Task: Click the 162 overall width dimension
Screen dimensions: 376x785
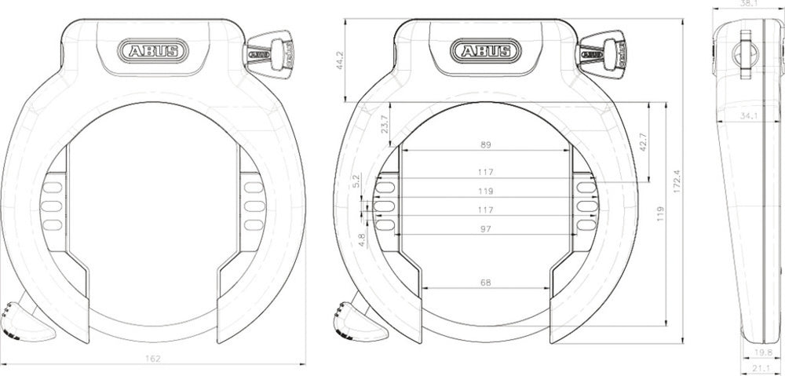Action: coord(153,358)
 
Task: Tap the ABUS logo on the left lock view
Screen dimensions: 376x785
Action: coord(153,52)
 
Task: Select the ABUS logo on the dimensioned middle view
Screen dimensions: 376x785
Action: coord(485,52)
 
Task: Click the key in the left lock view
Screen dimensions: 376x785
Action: coord(269,52)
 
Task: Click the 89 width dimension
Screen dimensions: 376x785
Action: coord(485,144)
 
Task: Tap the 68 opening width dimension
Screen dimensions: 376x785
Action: coord(485,283)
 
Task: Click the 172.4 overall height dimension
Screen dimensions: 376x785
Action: coord(677,181)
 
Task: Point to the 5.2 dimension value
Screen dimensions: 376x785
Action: coord(358,181)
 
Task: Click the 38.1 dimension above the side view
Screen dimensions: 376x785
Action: coord(749,4)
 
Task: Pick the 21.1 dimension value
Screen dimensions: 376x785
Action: coord(760,369)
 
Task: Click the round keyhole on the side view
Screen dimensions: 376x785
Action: coord(744,53)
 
